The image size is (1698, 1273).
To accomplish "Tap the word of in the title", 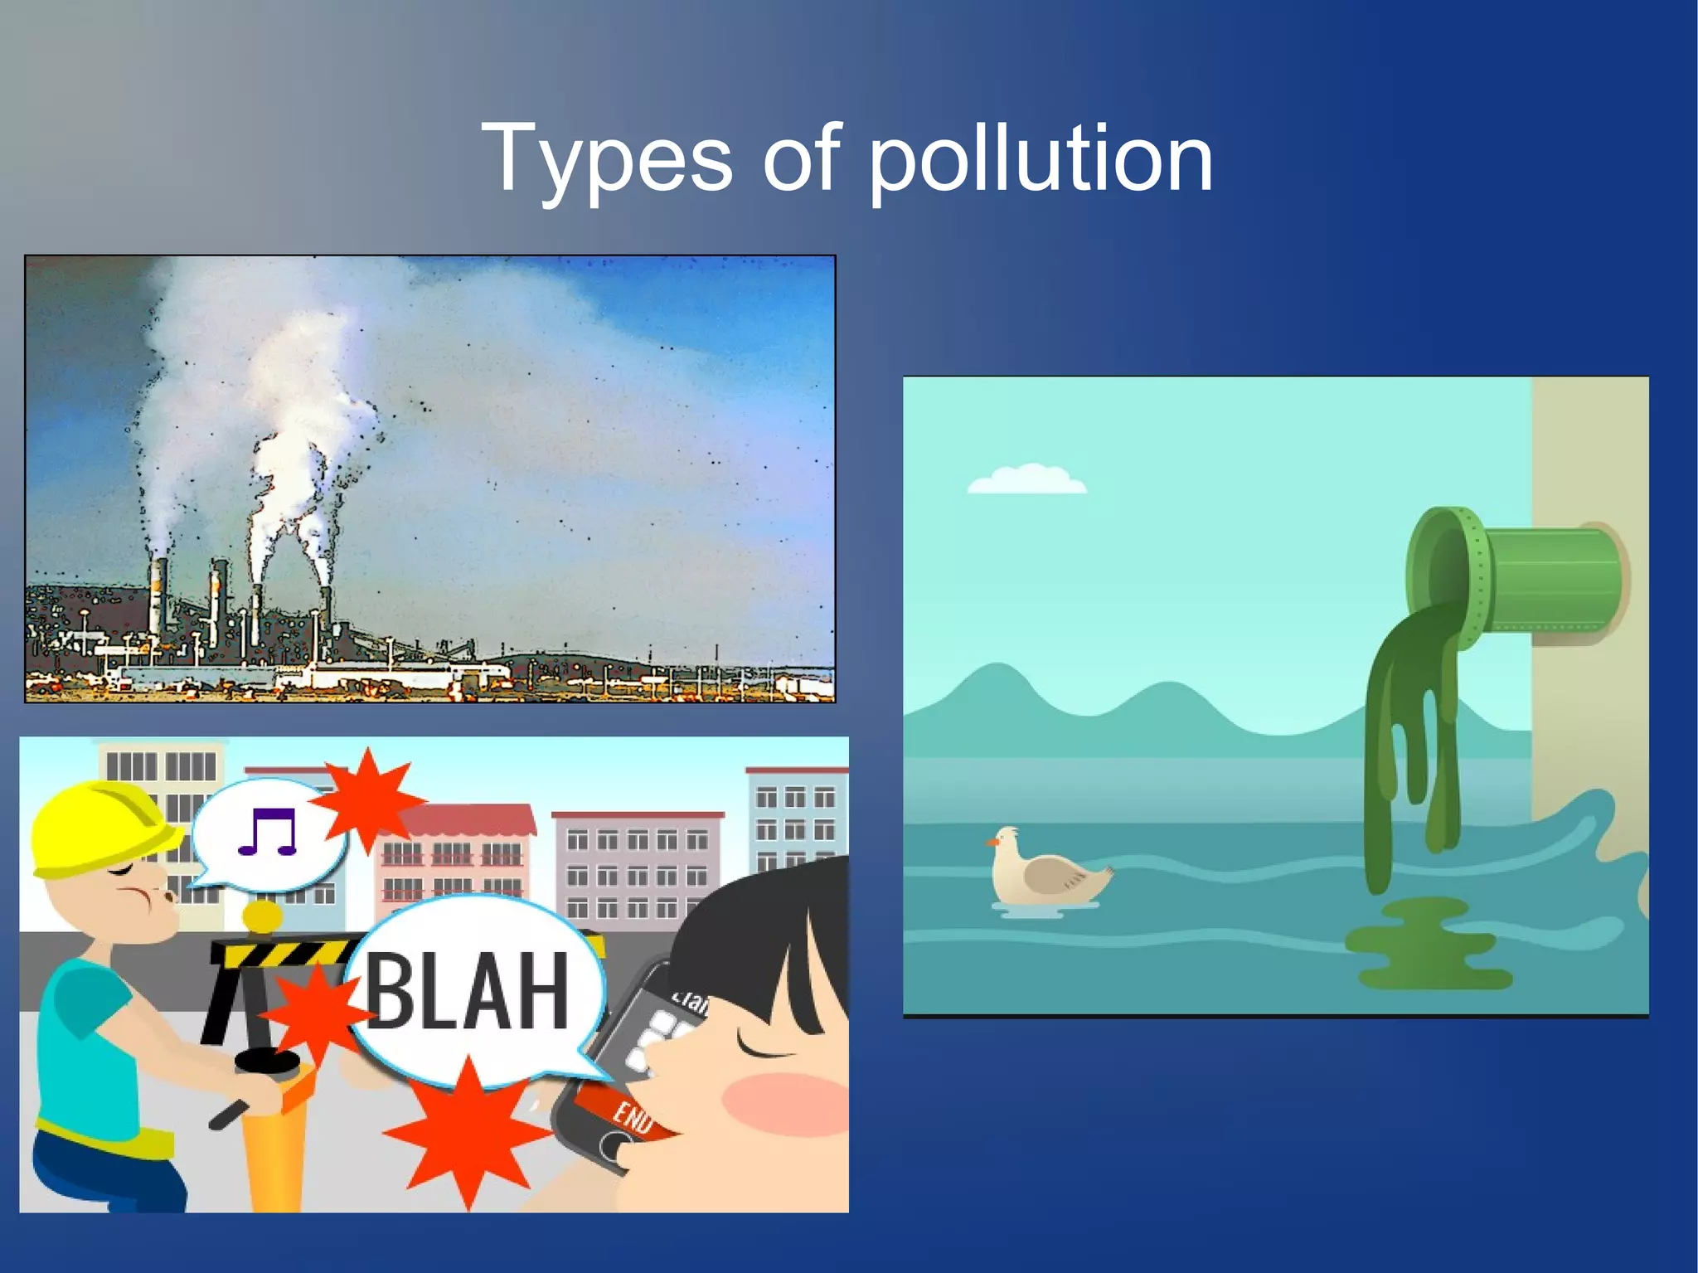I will coord(801,158).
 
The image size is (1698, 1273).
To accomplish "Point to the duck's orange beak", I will coord(992,843).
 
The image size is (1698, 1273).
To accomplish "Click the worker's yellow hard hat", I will coord(95,826).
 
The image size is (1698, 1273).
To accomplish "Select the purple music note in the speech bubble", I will coord(267,832).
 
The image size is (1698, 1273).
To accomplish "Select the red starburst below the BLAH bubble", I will coord(467,1132).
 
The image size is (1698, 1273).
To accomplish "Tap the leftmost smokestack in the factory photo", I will coord(157,597).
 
